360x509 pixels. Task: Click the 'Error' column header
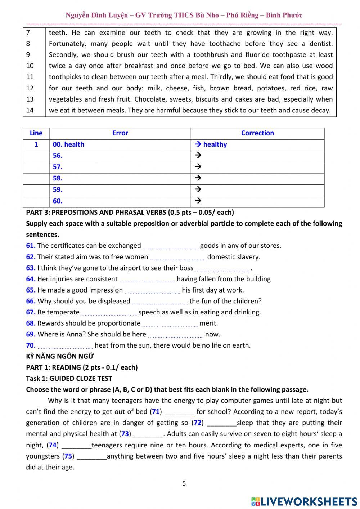pyautogui.click(x=120, y=133)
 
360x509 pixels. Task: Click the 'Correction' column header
pyautogui.click(x=257, y=133)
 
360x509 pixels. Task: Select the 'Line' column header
pyautogui.click(x=36, y=133)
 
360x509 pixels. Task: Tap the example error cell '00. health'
pyautogui.click(x=68, y=144)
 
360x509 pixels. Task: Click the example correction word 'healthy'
pyautogui.click(x=215, y=144)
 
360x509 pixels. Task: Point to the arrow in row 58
pyautogui.click(x=197, y=178)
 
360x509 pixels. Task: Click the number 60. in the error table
pyautogui.click(x=58, y=201)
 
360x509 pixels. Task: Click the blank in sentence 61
pyautogui.click(x=171, y=246)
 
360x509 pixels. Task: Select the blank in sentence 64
pyautogui.click(x=147, y=280)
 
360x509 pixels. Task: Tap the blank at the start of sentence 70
pyautogui.click(x=65, y=346)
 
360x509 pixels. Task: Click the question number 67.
pyautogui.click(x=31, y=312)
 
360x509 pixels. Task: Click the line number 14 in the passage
pyautogui.click(x=30, y=110)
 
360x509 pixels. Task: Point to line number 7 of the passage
pyautogui.click(x=28, y=33)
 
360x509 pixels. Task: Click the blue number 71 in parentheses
pyautogui.click(x=156, y=412)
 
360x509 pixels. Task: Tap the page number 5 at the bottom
pyautogui.click(x=184, y=483)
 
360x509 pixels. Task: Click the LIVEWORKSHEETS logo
pyautogui.click(x=304, y=501)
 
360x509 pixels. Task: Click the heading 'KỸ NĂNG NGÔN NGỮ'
pyautogui.click(x=60, y=357)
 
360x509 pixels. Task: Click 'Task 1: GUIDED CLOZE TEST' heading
pyautogui.click(x=69, y=379)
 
